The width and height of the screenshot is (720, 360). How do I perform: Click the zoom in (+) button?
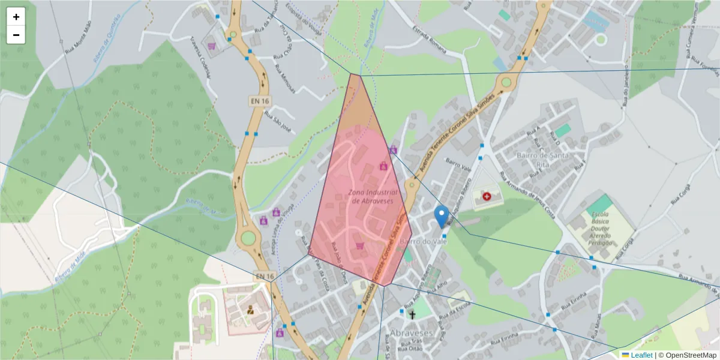tap(16, 17)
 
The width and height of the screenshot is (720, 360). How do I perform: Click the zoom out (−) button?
tap(16, 35)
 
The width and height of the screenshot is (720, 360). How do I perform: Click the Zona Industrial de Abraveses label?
tap(371, 197)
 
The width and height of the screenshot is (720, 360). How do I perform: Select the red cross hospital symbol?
tap(487, 196)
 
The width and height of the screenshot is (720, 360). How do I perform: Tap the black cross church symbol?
tap(412, 314)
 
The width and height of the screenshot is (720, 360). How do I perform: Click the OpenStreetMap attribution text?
tap(687, 355)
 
